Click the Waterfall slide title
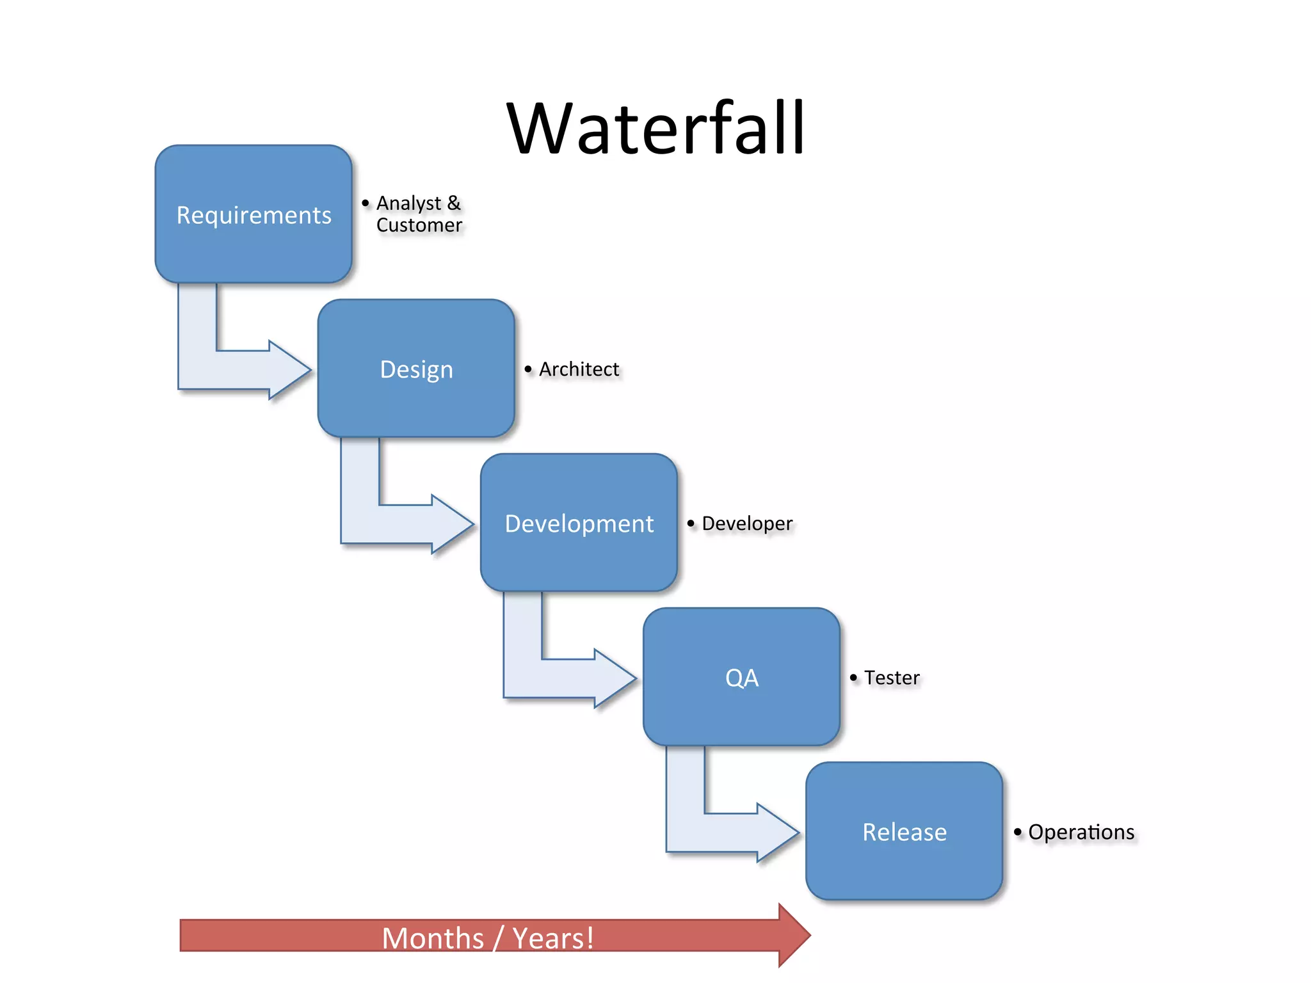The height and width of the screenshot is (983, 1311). [655, 129]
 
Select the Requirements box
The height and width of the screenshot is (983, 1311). [253, 214]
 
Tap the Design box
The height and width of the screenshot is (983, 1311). [416, 369]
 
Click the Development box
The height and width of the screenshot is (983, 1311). [579, 523]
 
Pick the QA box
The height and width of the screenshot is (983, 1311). [741, 677]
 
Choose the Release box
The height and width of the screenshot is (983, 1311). [904, 831]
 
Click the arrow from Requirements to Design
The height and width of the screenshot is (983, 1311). [243, 370]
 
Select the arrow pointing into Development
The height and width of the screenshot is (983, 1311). [406, 524]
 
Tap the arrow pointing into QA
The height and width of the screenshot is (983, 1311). [568, 678]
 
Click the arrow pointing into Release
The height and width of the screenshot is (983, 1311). [731, 833]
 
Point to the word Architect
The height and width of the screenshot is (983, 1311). [579, 369]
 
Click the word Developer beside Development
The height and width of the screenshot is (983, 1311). [747, 523]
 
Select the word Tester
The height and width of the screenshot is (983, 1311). [892, 678]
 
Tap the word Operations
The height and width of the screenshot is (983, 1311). [1081, 832]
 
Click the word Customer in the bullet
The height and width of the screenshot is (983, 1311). [419, 225]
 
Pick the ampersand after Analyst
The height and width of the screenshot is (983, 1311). [454, 203]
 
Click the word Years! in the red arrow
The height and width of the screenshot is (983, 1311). [554, 938]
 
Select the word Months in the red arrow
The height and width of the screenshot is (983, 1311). [433, 938]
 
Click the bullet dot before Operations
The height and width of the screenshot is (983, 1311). [1018, 831]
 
